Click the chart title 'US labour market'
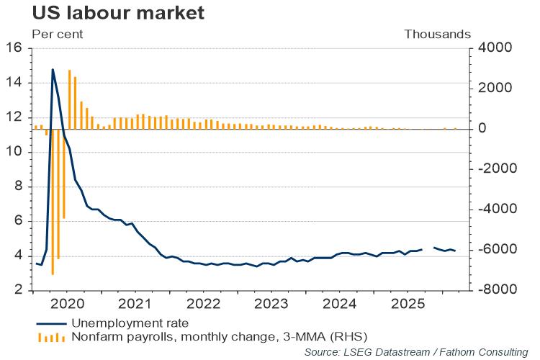107,12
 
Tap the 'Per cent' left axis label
57,34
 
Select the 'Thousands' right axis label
438,34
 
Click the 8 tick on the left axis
21,186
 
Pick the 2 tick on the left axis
21,290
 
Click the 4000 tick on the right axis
489,48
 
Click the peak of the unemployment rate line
53,70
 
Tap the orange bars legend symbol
52,336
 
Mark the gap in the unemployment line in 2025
428,248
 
